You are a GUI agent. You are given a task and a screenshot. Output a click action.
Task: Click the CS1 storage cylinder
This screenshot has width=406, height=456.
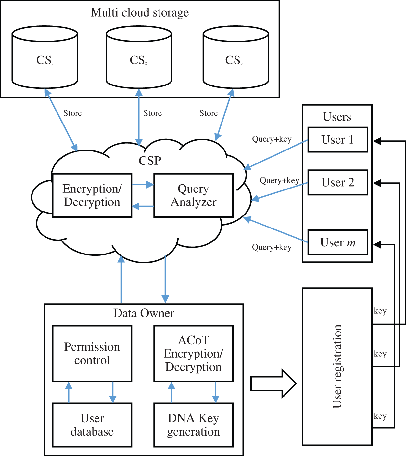[44, 60]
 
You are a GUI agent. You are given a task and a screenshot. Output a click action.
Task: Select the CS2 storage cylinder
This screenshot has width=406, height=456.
[139, 60]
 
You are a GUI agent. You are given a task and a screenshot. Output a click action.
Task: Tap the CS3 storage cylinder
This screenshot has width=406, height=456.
[235, 60]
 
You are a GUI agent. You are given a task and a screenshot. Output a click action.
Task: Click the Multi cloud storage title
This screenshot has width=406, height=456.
[140, 13]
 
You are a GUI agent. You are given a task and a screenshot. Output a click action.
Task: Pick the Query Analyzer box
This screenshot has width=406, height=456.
[193, 195]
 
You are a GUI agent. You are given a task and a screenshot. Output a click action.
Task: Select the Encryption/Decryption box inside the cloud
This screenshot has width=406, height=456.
[92, 195]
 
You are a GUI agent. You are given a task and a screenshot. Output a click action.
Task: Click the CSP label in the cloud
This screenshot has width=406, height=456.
[150, 161]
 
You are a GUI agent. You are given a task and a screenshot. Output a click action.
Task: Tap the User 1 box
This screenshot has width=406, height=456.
[337, 140]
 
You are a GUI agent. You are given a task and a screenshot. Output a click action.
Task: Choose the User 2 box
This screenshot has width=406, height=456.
[337, 182]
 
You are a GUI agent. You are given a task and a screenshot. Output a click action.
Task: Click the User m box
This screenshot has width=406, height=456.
[337, 242]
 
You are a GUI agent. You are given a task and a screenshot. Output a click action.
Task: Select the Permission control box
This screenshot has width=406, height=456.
[92, 354]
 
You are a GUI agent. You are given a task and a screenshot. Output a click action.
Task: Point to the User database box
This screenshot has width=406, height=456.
[92, 425]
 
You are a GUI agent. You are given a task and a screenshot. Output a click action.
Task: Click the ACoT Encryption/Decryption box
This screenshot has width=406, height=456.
[193, 354]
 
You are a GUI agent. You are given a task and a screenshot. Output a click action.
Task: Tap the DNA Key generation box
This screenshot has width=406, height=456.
[193, 425]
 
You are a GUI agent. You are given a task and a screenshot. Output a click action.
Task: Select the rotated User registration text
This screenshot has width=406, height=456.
[337, 366]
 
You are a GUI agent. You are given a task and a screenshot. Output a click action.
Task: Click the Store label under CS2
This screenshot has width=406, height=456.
[152, 113]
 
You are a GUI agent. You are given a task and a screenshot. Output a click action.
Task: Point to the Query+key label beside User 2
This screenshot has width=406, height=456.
[279, 181]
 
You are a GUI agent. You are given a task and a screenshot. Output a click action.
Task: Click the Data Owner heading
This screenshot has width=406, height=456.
[144, 313]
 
